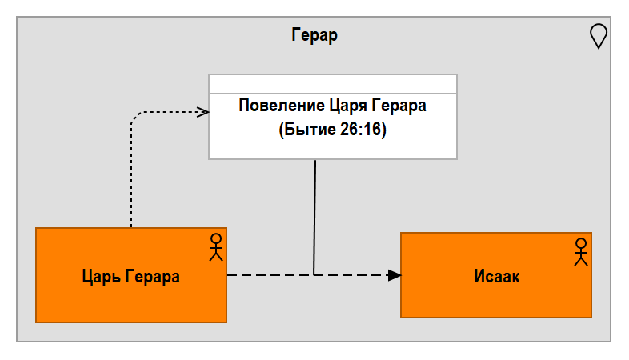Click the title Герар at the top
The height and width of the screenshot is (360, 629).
click(x=314, y=35)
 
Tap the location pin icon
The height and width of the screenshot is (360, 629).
click(x=598, y=36)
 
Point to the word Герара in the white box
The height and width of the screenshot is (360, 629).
click(x=399, y=106)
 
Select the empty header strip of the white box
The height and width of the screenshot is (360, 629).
click(x=332, y=84)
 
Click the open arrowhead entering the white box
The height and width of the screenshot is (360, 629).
click(x=203, y=111)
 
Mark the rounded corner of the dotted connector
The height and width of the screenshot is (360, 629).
click(x=134, y=117)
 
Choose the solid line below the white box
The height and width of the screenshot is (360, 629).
click(x=314, y=216)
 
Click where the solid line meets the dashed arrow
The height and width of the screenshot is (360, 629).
click(x=314, y=275)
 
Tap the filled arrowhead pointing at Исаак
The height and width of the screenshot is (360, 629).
click(x=394, y=275)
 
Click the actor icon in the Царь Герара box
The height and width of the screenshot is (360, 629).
click(x=214, y=247)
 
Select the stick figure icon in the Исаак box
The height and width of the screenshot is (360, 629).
click(x=580, y=252)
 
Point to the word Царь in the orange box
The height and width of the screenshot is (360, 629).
click(x=102, y=277)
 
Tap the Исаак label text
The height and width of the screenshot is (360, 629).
click(x=496, y=277)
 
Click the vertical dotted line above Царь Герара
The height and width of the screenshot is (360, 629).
click(x=131, y=176)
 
